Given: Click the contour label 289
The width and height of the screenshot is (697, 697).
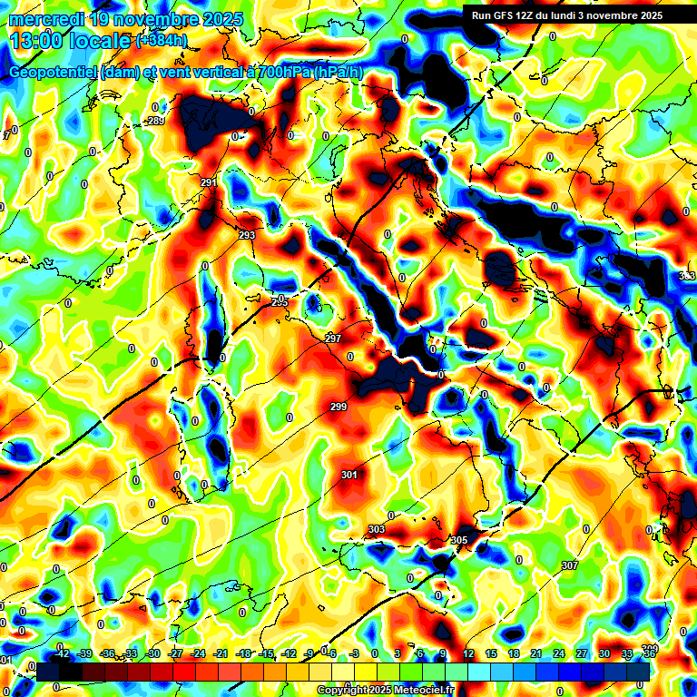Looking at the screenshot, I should click(155, 121).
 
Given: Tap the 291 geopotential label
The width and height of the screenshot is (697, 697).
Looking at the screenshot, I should click(209, 183).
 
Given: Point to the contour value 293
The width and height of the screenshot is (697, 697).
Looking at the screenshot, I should click(247, 235).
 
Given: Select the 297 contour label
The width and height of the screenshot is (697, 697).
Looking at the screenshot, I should click(333, 339).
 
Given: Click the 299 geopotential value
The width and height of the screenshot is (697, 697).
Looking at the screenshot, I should click(339, 407).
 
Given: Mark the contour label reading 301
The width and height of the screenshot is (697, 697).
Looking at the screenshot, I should click(349, 475).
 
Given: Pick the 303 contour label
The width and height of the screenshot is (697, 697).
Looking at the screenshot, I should click(377, 529).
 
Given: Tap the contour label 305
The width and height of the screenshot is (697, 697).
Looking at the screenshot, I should click(459, 540).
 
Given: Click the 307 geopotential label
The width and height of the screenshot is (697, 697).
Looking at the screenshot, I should click(569, 565).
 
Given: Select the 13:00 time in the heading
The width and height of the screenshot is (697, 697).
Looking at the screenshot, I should click(37, 41).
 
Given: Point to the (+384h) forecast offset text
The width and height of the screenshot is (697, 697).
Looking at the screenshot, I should click(162, 40).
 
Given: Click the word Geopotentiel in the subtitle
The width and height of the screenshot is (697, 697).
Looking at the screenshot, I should click(54, 72).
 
